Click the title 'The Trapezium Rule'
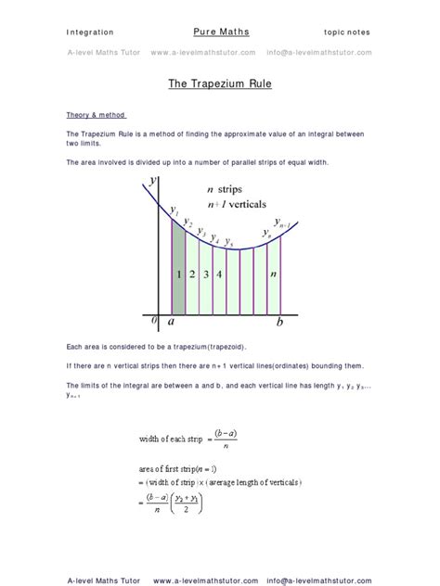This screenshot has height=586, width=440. tap(220, 83)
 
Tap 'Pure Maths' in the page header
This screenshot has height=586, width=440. tap(220, 31)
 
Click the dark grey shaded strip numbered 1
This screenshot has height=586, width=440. tap(178, 274)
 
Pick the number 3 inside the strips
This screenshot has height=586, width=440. tap(206, 274)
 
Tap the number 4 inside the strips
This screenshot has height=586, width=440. tap(219, 274)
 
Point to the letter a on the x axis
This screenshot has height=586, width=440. tap(171, 322)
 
